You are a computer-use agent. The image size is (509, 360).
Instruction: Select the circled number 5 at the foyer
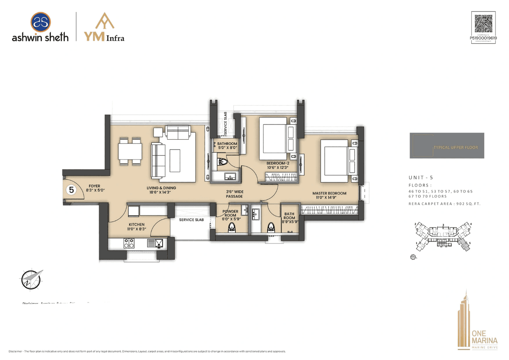click(72, 190)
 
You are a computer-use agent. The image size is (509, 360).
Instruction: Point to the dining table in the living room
click(130, 151)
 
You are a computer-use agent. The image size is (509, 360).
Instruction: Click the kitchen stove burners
click(129, 242)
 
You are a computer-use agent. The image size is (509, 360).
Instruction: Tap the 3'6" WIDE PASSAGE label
click(235, 194)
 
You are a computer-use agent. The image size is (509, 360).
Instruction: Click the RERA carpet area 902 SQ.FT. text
click(444, 204)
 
